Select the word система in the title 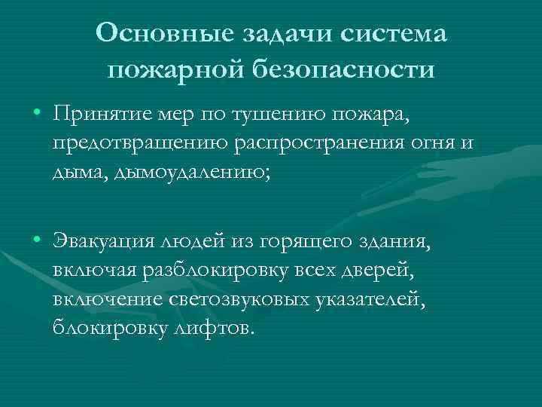tap(395, 32)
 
